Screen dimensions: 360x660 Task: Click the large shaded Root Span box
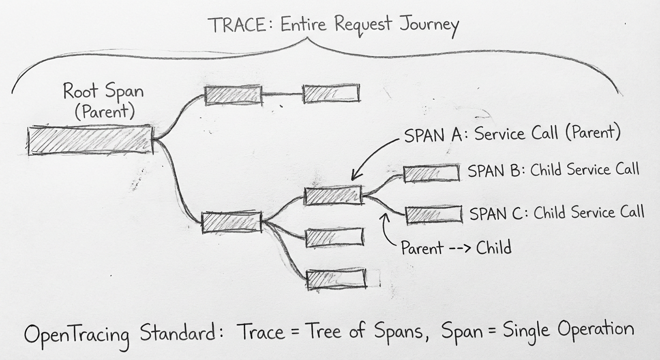coord(90,140)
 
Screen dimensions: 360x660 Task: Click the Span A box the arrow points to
coord(333,195)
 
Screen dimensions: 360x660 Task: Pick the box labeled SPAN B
coord(431,173)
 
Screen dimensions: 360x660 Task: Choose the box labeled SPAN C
coord(433,214)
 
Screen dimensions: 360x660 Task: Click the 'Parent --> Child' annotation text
coord(456,247)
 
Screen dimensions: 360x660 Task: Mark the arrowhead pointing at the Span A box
coord(355,176)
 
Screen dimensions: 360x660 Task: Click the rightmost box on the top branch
coord(331,93)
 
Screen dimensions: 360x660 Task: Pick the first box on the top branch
coord(233,95)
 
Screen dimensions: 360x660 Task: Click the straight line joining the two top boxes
coord(282,94)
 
